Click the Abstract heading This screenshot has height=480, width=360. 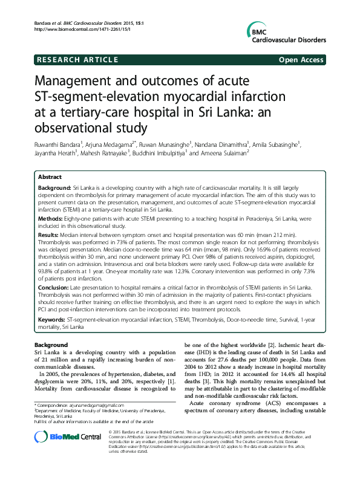(x=50, y=177)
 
